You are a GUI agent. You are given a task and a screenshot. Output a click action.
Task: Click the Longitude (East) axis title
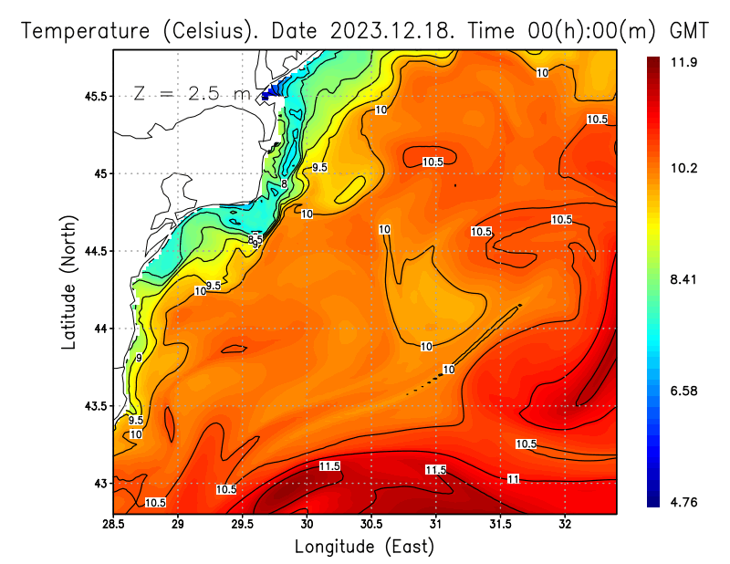click(x=364, y=547)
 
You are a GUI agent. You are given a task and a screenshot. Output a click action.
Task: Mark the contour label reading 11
click(x=514, y=478)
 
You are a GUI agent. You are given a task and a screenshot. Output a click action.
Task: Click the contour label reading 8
click(x=284, y=183)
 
